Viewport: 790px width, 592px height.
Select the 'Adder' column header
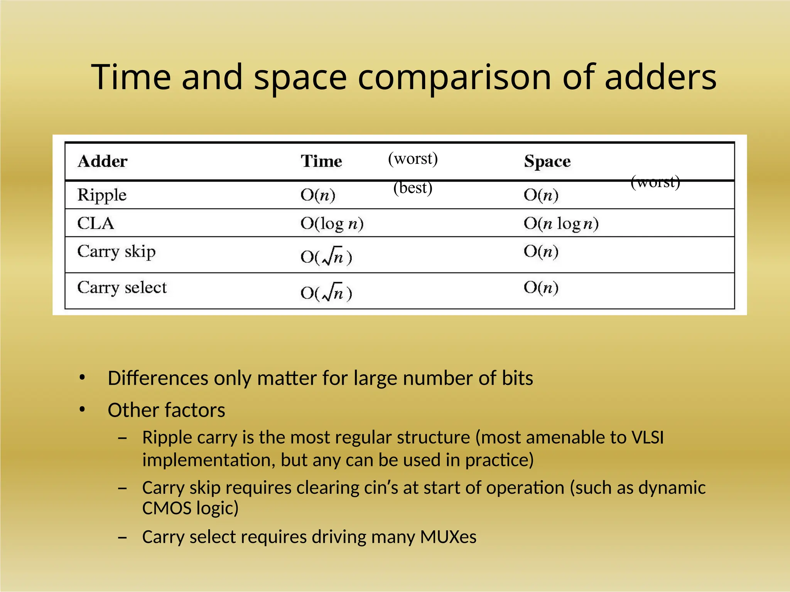pos(102,161)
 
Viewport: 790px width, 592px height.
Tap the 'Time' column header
pos(321,161)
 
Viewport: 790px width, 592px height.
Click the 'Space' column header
pos(547,161)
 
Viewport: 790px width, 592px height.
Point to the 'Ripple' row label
pos(102,195)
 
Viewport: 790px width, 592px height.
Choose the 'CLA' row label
pos(96,223)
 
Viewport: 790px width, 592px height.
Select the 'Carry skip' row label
pos(116,252)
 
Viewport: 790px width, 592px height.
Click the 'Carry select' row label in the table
pos(122,288)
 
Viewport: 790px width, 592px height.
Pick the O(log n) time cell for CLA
pos(332,224)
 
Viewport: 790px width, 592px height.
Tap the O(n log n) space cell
pos(561,224)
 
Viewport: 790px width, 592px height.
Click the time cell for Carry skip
pos(326,256)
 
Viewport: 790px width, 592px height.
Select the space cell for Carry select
pos(541,288)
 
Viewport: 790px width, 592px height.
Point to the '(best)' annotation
pos(413,188)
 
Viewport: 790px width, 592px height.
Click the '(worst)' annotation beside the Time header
pos(413,158)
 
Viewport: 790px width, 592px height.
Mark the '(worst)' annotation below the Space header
pos(655,182)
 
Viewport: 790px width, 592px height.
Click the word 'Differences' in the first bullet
pos(158,378)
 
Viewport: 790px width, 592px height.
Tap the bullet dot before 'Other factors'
pos(82,410)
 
